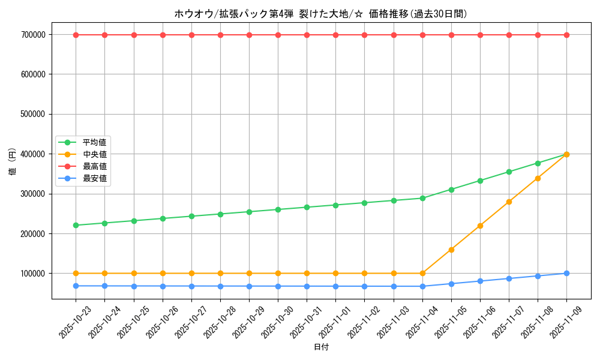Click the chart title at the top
[320, 14]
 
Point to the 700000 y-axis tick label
[33, 35]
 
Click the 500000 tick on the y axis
[33, 114]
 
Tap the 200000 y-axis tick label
[33, 233]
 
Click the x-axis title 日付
[321, 347]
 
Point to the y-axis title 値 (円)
[12, 162]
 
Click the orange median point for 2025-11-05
[451, 250]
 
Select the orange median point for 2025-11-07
[509, 202]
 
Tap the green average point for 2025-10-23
[76, 226]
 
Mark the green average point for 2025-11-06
[480, 181]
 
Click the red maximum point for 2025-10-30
[278, 35]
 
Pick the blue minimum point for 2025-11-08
[538, 276]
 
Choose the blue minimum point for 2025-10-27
[191, 286]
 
